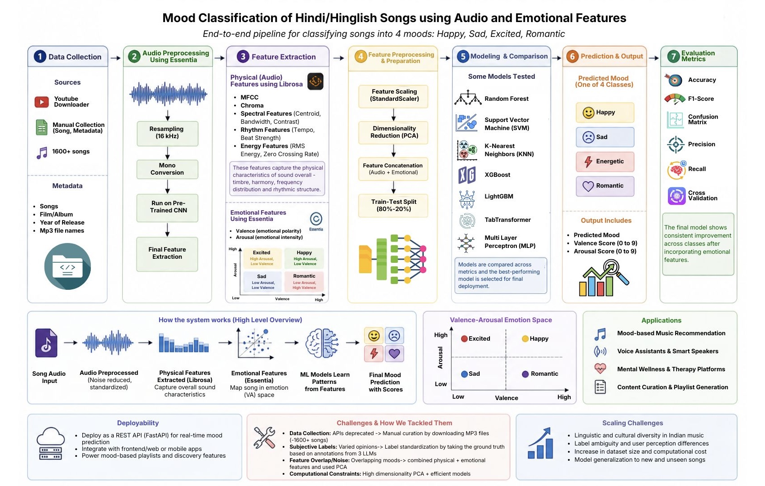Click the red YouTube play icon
42,102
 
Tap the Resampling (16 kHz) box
167,133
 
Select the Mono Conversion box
167,169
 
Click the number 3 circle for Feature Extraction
243,56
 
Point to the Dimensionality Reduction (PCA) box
393,132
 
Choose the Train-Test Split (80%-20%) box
393,206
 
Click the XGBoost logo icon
467,175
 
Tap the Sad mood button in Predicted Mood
605,137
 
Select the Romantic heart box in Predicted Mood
605,186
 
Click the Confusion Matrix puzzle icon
675,120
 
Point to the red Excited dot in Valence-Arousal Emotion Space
464,338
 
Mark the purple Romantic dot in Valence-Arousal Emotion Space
525,374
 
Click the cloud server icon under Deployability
50,443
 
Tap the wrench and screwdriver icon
264,437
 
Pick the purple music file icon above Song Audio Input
46,343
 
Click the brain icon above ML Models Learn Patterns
322,343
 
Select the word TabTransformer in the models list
507,220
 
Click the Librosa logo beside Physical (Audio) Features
315,81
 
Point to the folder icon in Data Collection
67,266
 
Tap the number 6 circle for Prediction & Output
572,56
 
